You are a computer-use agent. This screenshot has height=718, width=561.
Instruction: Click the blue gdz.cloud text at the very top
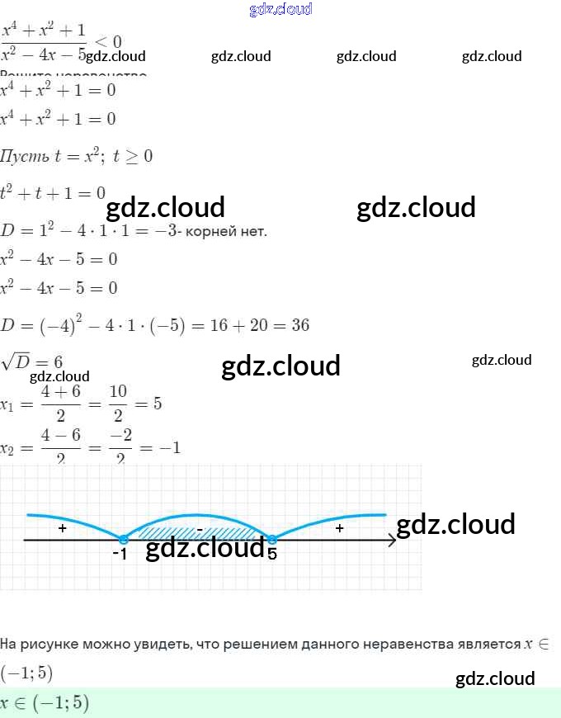click(280, 10)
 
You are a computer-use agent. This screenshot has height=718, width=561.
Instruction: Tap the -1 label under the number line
click(120, 554)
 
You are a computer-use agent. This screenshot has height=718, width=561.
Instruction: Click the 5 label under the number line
click(272, 554)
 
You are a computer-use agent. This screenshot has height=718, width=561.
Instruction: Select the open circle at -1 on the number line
click(123, 540)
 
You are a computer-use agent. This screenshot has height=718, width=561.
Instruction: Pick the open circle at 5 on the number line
click(271, 540)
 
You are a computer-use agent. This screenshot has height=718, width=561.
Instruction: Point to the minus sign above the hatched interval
click(200, 528)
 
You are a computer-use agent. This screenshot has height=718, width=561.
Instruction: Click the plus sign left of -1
click(63, 528)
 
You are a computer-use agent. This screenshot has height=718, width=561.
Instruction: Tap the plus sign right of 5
click(339, 528)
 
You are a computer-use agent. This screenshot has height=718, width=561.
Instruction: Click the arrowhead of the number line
click(391, 541)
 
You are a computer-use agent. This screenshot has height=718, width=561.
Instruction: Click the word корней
click(210, 232)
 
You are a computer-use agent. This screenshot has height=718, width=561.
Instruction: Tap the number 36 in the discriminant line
click(300, 325)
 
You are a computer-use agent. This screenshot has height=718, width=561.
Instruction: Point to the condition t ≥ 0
click(133, 156)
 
